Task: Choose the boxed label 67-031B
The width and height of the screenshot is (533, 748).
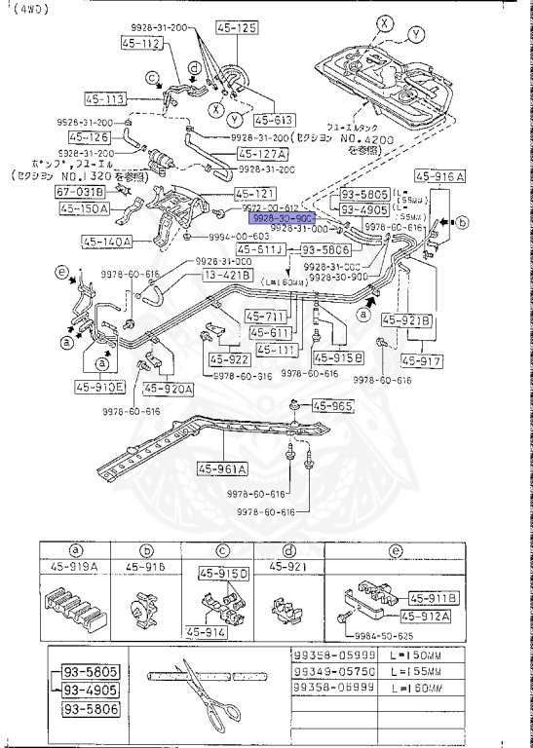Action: tap(78, 193)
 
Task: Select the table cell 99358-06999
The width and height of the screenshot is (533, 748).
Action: tap(334, 688)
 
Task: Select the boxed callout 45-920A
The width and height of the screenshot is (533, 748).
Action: tap(169, 388)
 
